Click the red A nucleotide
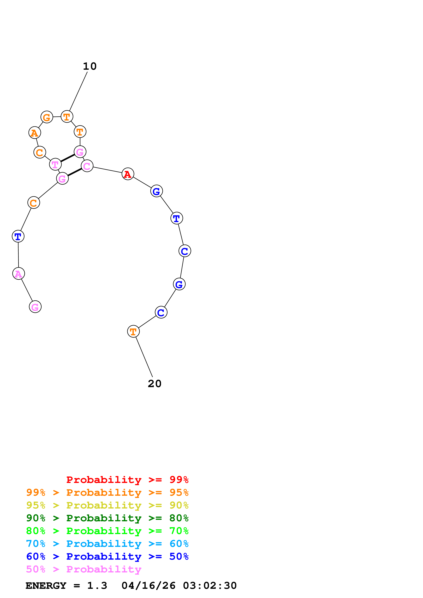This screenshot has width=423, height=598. (x=128, y=174)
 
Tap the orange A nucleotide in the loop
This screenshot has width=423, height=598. (x=34, y=133)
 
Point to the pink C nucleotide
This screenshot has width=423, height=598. (x=87, y=166)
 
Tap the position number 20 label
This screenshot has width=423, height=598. (x=155, y=384)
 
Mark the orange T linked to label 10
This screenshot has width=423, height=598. (x=67, y=117)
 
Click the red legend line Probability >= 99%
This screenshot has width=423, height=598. (x=127, y=480)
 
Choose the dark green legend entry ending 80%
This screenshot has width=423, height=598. (x=107, y=518)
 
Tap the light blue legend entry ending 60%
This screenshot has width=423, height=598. (x=107, y=544)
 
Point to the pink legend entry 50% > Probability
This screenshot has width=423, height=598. (x=84, y=569)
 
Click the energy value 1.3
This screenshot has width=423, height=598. (x=97, y=586)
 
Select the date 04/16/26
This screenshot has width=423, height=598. (x=148, y=586)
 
